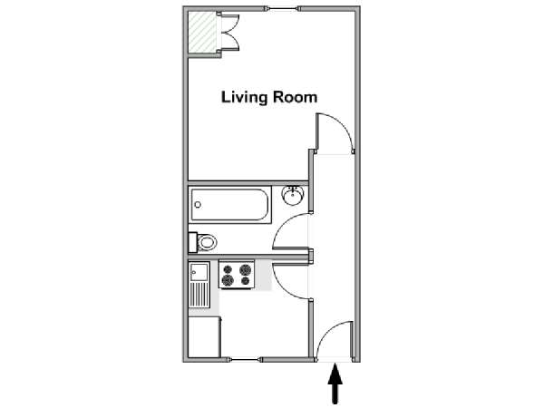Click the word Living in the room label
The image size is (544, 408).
click(244, 98)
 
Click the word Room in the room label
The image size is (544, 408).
click(295, 97)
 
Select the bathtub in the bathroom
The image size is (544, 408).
click(229, 205)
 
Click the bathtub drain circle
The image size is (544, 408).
click(198, 205)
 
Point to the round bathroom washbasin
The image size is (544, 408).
click(293, 195)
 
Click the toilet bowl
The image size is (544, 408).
click(207, 242)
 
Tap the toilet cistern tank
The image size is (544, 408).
click(192, 242)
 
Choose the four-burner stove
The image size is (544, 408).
click(237, 274)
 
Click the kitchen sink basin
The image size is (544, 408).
click(199, 272)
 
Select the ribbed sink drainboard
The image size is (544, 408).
click(199, 295)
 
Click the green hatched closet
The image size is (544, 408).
click(202, 32)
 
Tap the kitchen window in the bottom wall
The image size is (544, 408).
click(245, 360)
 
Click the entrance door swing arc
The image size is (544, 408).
click(329, 332)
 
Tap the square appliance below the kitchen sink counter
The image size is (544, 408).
click(205, 336)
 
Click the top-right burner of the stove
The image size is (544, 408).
click(245, 269)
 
